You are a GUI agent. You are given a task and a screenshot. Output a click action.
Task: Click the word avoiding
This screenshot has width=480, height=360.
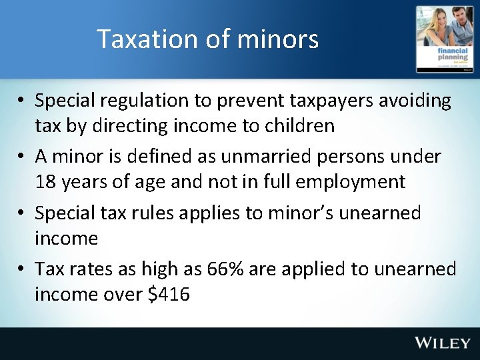click(x=417, y=102)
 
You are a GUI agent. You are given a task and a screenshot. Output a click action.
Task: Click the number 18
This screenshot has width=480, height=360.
click(x=46, y=182)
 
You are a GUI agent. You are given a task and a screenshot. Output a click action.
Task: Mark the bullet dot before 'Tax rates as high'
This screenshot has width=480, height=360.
click(x=23, y=269)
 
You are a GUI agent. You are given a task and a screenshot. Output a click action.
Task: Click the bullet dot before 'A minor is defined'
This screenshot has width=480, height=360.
click(x=23, y=157)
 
